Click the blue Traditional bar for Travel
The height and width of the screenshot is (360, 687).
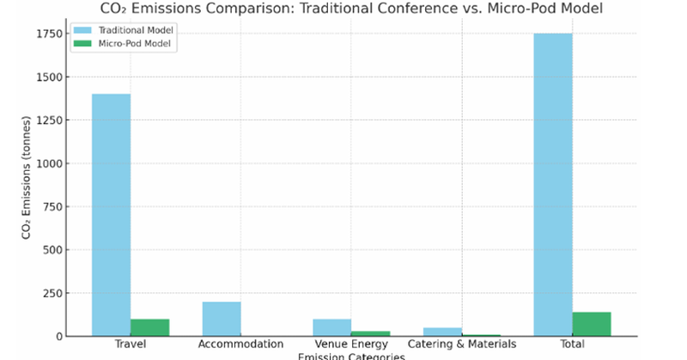click(111, 215)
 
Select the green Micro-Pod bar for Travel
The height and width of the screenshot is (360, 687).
click(149, 327)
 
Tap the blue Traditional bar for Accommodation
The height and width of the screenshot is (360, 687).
click(222, 319)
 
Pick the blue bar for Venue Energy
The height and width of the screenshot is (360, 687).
click(331, 327)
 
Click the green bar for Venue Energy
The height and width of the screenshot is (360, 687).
click(370, 333)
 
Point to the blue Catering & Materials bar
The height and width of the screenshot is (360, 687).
click(442, 332)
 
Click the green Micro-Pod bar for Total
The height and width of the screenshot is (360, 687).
click(591, 324)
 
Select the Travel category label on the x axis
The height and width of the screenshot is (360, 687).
click(130, 345)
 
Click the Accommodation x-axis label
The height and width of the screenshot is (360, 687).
click(240, 345)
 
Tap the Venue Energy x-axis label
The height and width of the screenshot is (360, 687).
click(350, 345)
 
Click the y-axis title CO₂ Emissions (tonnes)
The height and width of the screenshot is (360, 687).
click(27, 185)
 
